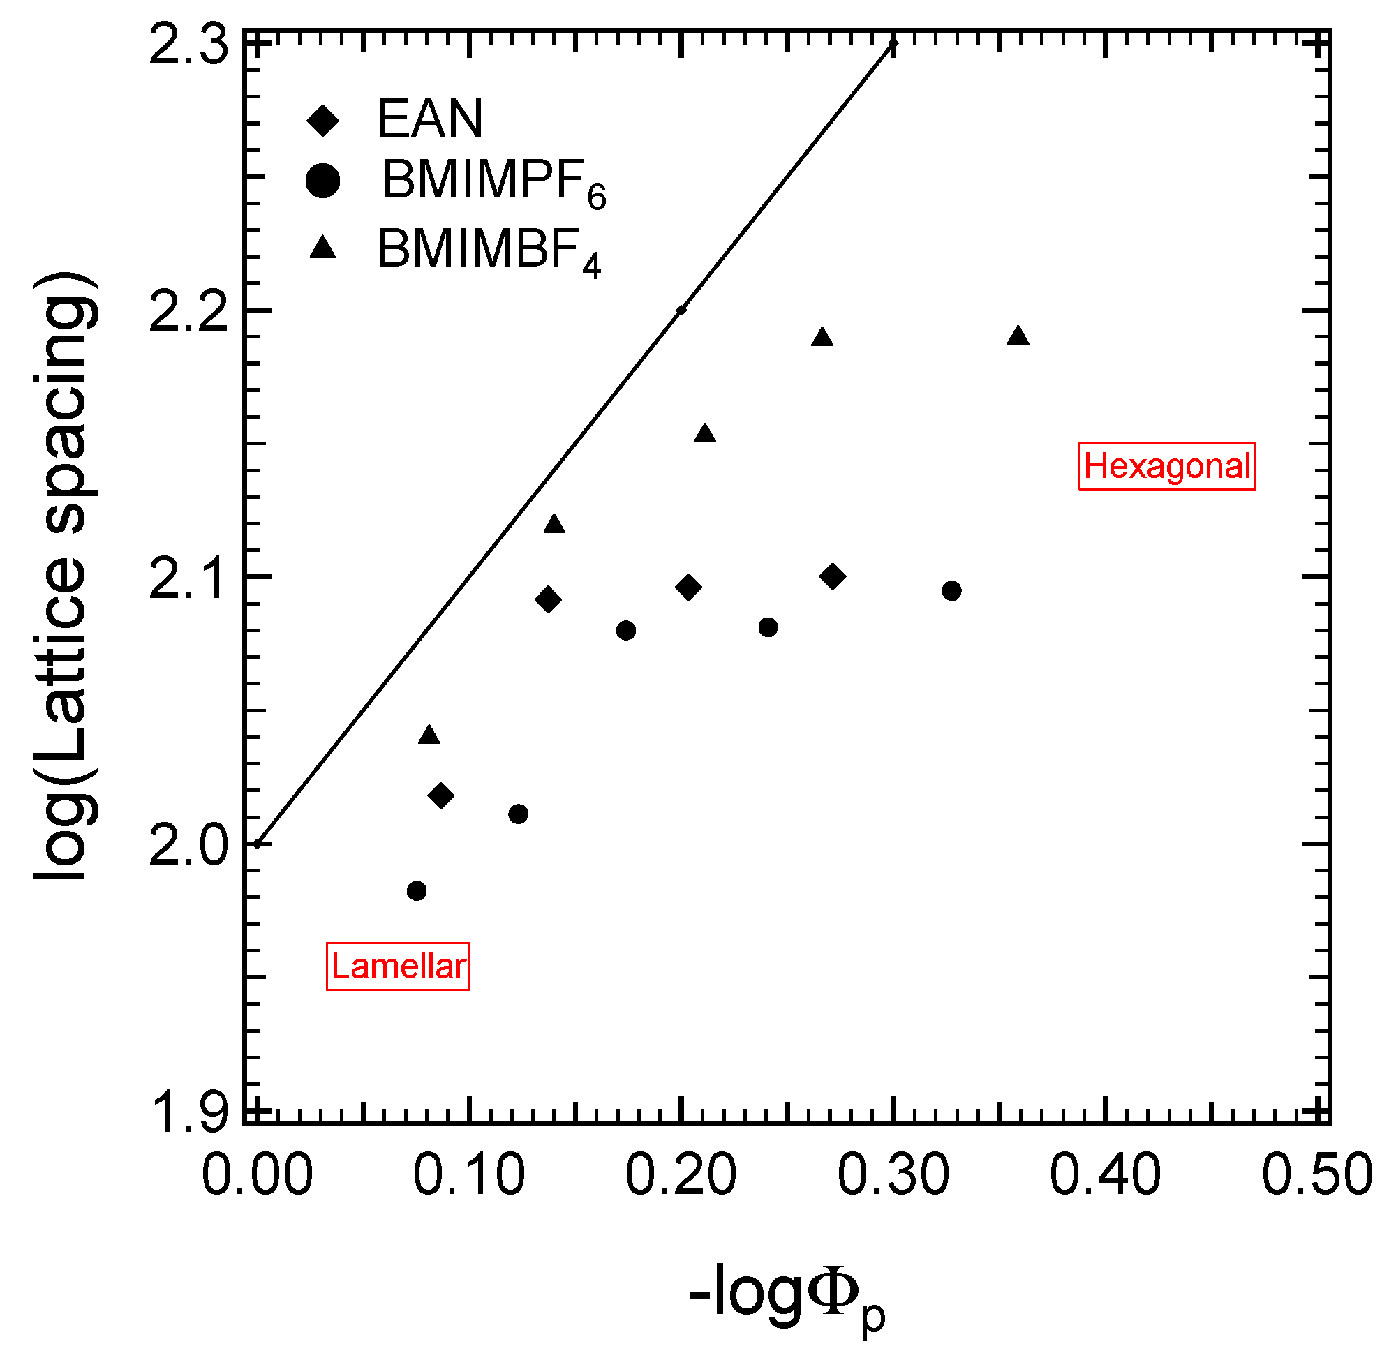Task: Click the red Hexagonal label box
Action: click(x=1167, y=466)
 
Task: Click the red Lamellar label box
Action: click(x=398, y=966)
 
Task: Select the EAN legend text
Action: click(x=430, y=119)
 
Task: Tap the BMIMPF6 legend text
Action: click(x=493, y=183)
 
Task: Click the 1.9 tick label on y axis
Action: click(x=188, y=1113)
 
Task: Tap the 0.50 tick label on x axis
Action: click(x=1316, y=1175)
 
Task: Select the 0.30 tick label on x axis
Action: click(x=893, y=1175)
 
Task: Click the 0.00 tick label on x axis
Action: click(x=257, y=1175)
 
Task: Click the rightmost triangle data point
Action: click(x=1018, y=336)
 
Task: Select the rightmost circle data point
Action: click(x=952, y=590)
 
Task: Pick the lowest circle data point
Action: click(x=417, y=890)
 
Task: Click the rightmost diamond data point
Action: click(x=833, y=576)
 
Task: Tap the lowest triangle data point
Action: click(x=429, y=735)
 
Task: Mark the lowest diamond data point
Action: click(x=441, y=796)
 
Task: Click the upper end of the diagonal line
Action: click(x=893, y=44)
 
